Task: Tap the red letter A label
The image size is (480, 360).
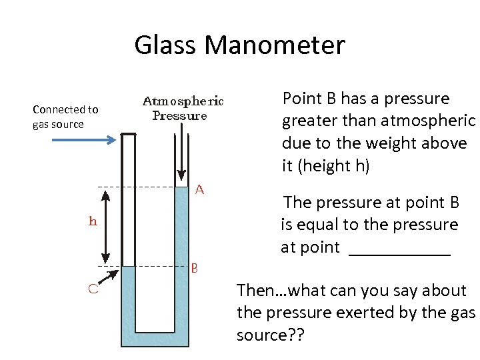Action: pyautogui.click(x=199, y=190)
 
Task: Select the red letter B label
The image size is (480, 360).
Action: pyautogui.click(x=195, y=269)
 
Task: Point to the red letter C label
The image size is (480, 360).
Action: pyautogui.click(x=95, y=289)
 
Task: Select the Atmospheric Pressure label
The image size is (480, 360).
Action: pyautogui.click(x=183, y=109)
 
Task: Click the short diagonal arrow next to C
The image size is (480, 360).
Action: pyautogui.click(x=110, y=276)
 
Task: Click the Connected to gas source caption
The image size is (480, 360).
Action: pyautogui.click(x=65, y=117)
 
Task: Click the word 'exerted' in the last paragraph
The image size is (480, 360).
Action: pyautogui.click(x=365, y=313)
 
